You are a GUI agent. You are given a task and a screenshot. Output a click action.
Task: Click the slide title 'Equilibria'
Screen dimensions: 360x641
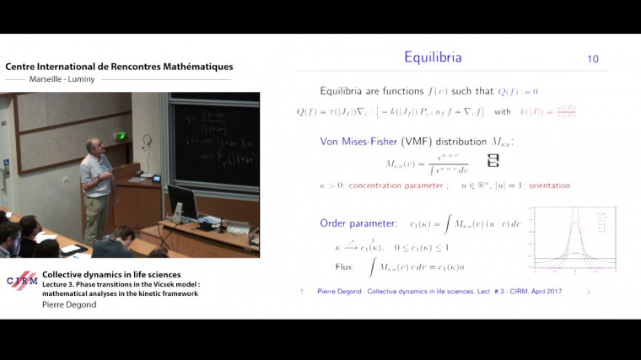[x=432, y=58]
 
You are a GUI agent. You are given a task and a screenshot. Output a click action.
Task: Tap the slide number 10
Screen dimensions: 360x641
[x=592, y=59]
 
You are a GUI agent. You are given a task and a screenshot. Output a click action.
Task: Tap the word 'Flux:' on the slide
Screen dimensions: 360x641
[x=348, y=266]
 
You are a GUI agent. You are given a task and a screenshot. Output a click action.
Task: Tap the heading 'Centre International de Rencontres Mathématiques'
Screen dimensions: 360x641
[x=119, y=67]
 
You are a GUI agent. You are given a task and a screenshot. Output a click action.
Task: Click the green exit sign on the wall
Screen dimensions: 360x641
[x=121, y=136]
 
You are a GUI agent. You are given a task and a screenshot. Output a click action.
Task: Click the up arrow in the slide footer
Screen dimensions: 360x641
[x=302, y=291]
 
